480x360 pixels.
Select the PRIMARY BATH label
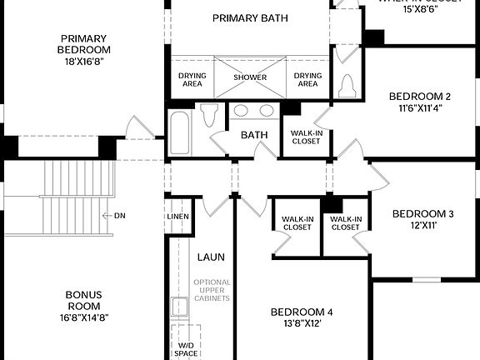250,18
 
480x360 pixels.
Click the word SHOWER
250,77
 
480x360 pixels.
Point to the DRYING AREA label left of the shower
192,79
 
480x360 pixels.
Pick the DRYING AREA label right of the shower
307,79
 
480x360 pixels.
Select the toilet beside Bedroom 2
348,84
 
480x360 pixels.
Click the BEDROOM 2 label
419,96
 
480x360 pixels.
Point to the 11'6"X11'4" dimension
419,107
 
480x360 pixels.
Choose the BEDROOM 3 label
422,214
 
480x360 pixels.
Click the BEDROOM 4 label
301,312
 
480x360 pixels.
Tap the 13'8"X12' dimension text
301,324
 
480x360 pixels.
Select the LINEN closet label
177,217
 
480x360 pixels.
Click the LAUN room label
211,257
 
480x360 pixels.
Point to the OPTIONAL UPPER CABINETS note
212,293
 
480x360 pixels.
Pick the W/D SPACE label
187,348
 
